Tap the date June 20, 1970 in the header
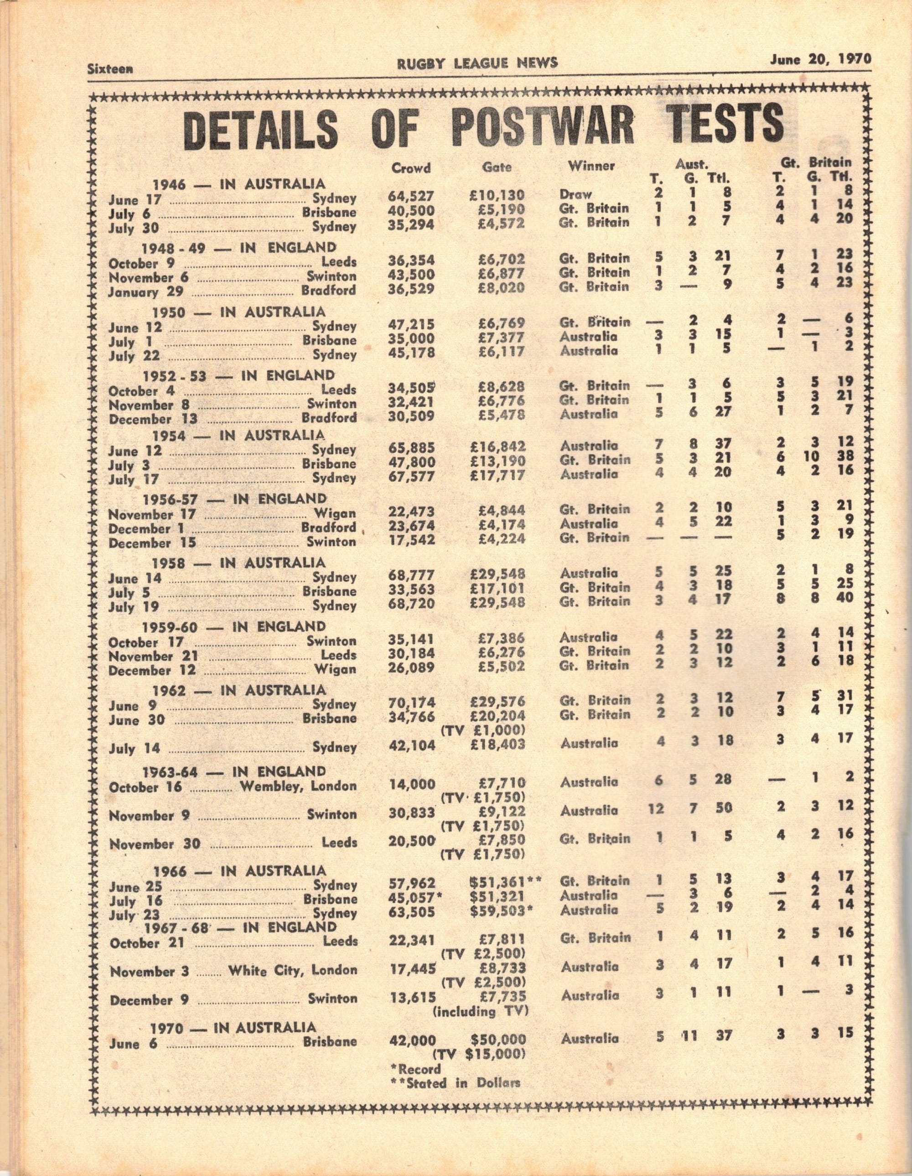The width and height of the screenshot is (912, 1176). point(820,59)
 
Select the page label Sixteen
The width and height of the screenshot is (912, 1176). point(110,68)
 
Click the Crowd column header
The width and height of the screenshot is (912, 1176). point(411,168)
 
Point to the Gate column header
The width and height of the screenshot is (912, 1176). point(497,167)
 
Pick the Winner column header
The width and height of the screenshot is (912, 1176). point(591,167)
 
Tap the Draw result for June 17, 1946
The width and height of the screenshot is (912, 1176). point(575,194)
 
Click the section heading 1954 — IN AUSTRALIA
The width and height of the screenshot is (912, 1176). point(238,435)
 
